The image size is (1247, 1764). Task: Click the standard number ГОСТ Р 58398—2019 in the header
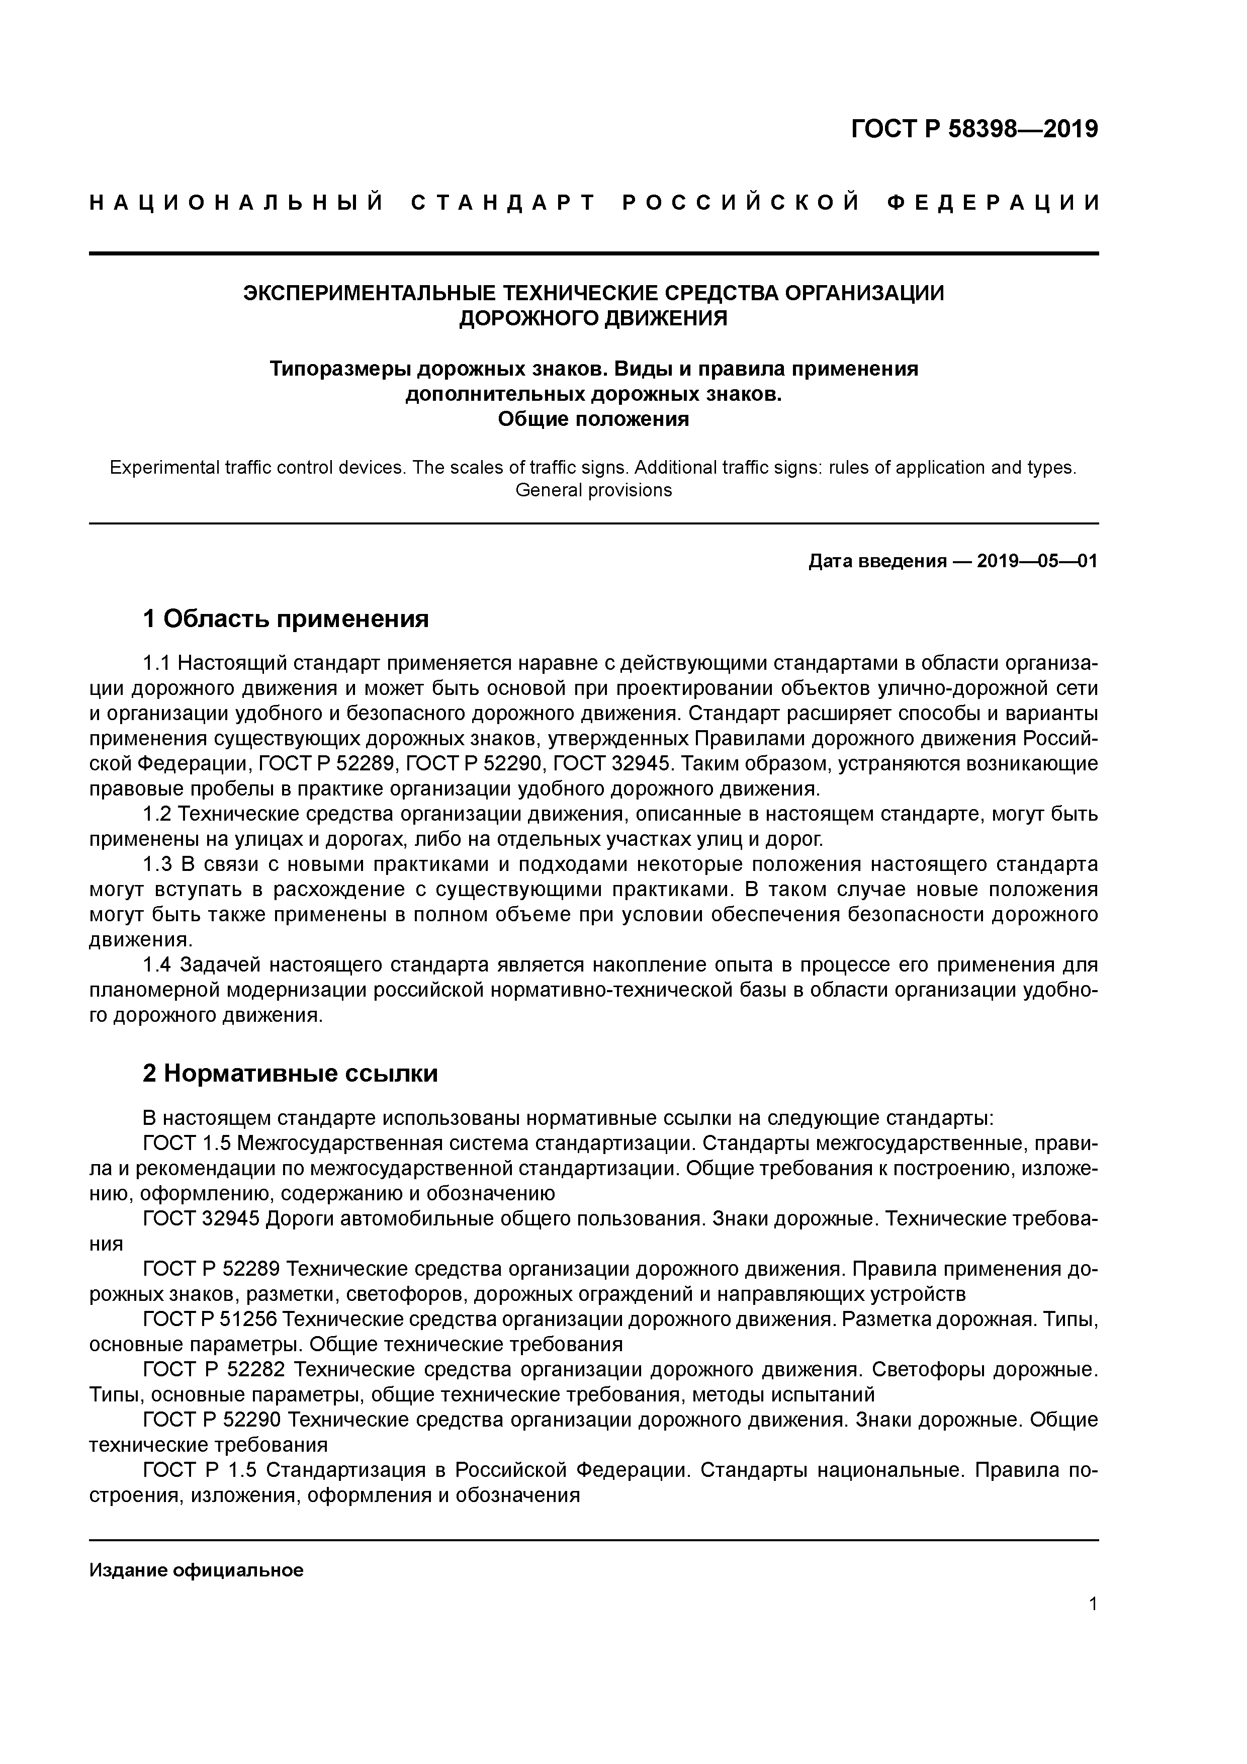(974, 129)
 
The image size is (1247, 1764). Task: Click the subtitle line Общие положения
(593, 419)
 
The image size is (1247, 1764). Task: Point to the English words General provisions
(593, 490)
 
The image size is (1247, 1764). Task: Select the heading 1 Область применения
(286, 619)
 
